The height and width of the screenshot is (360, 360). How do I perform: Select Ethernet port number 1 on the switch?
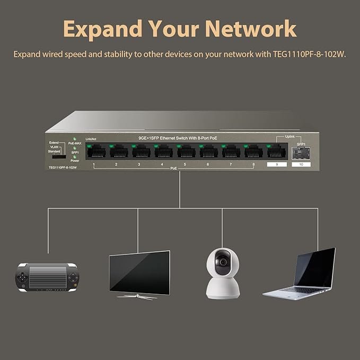coord(96,152)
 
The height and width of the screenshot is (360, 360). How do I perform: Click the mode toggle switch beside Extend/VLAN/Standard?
coord(59,157)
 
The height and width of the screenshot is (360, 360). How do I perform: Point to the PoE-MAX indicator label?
coord(75,143)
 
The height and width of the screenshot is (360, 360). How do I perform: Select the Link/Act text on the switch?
coord(91,139)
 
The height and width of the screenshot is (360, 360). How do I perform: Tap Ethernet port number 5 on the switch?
coord(186,152)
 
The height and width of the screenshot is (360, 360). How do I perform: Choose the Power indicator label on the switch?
coord(75,161)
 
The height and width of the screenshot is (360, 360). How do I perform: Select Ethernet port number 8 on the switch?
coord(253,152)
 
